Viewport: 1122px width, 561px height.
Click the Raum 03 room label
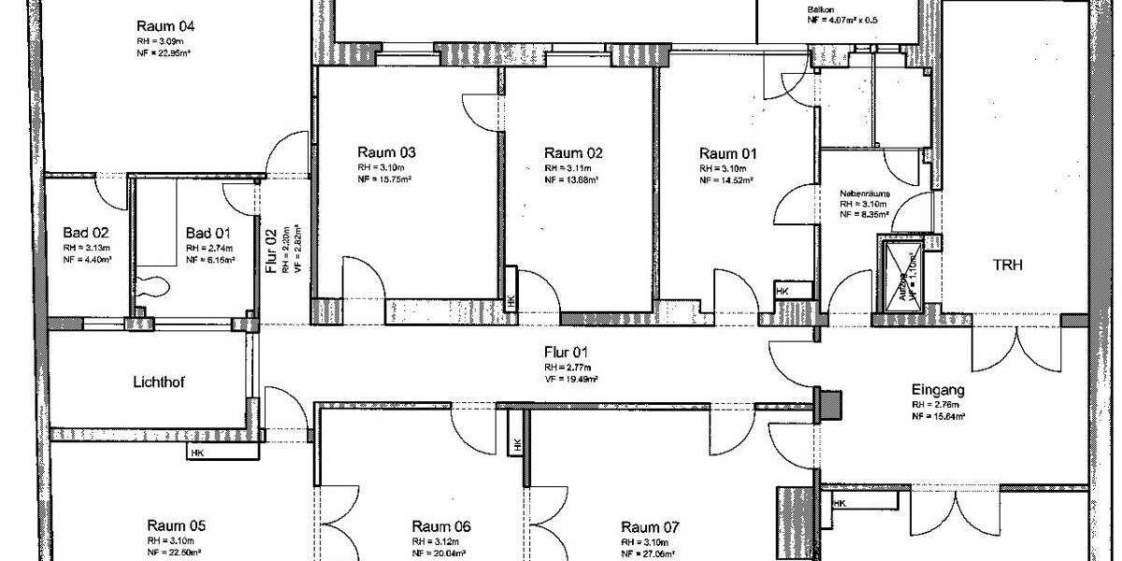pyautogui.click(x=386, y=152)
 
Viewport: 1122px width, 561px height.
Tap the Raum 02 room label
pyautogui.click(x=573, y=152)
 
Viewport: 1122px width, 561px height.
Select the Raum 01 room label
pyautogui.click(x=728, y=152)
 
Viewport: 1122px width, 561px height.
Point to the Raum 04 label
pyautogui.click(x=166, y=25)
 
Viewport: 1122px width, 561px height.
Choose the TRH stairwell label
pyautogui.click(x=1008, y=266)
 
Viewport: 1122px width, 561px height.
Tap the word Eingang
pyautogui.click(x=938, y=390)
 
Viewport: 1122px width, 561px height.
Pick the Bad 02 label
pyautogui.click(x=86, y=232)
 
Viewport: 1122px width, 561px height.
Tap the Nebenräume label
pyautogui.click(x=864, y=194)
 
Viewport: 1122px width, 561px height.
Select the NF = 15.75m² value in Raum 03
pyautogui.click(x=383, y=180)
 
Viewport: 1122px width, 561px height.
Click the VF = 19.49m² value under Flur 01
pyautogui.click(x=571, y=380)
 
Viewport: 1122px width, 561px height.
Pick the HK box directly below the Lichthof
pyautogui.click(x=197, y=453)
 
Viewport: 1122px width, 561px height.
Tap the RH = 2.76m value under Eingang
pyautogui.click(x=936, y=405)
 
